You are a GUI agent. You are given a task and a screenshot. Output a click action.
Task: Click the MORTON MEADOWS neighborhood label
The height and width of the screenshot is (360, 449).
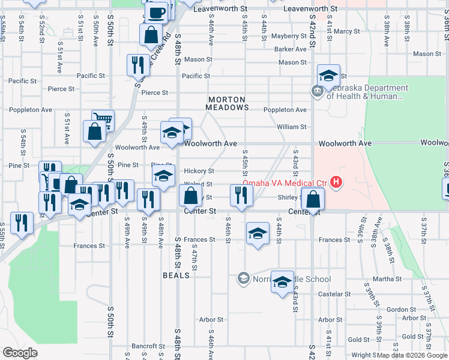coord(228,103)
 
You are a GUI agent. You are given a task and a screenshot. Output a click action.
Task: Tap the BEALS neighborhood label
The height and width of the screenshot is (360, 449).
coord(176,275)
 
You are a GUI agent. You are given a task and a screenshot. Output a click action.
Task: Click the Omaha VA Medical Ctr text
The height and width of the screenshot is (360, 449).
coord(284,183)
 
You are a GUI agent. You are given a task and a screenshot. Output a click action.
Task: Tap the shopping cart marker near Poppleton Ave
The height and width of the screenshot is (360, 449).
coord(103,121)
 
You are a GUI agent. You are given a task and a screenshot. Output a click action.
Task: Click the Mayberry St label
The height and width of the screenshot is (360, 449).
coord(289,36)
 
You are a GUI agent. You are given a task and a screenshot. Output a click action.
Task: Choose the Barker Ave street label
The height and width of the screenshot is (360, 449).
coord(291,49)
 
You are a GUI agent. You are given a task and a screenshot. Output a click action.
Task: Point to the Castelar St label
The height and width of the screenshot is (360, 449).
coord(334,294)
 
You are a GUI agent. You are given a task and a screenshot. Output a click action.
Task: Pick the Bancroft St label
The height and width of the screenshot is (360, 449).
coord(148,346)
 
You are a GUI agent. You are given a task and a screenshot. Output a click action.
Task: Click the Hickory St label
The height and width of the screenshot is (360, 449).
coord(199,171)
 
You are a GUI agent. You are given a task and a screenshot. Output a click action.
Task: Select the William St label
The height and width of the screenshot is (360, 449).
coord(292,127)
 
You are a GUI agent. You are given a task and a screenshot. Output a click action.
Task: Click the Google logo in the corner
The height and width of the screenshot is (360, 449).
coord(20,352)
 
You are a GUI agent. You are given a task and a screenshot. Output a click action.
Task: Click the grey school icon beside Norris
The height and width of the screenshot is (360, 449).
coord(243,278)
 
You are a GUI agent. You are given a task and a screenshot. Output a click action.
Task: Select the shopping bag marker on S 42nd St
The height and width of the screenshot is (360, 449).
coord(313,199)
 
